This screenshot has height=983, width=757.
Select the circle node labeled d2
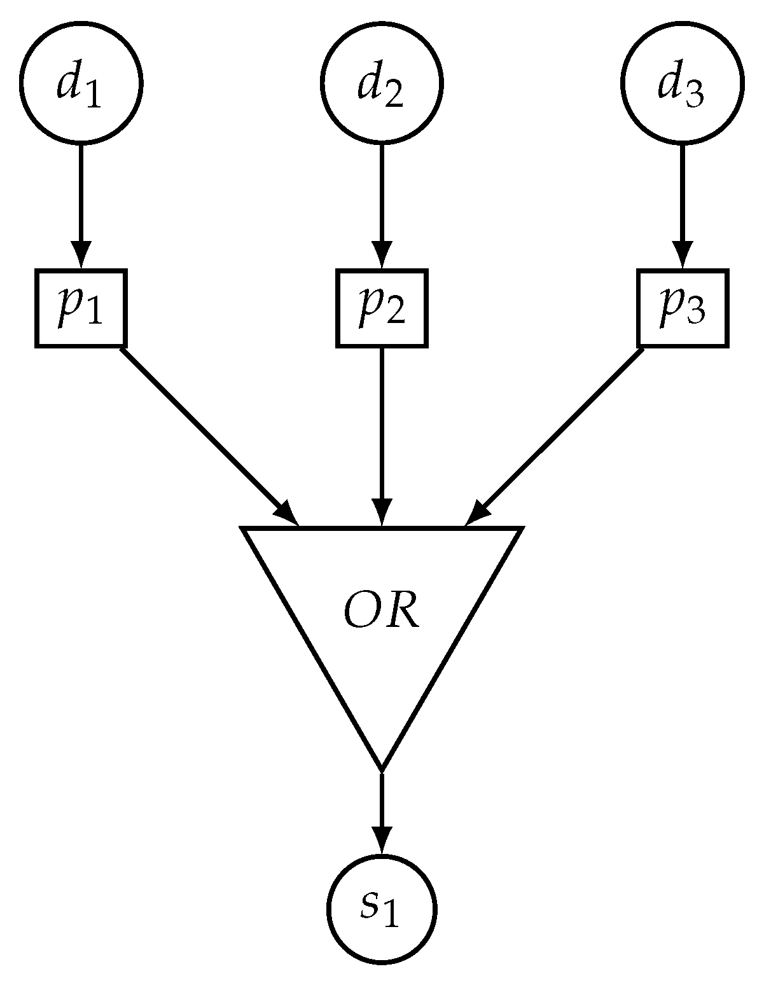click(x=381, y=83)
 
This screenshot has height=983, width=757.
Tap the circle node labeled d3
click(x=682, y=83)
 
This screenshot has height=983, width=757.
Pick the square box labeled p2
click(x=381, y=308)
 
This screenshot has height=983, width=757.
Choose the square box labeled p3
click(x=682, y=308)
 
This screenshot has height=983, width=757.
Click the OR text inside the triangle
click(x=381, y=614)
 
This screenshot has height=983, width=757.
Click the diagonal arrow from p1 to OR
click(x=204, y=432)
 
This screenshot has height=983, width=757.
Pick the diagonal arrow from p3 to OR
click(x=560, y=432)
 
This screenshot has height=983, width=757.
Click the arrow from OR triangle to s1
click(x=381, y=808)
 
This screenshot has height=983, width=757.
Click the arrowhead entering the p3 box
click(x=682, y=257)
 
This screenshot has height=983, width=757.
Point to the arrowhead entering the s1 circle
click(x=381, y=839)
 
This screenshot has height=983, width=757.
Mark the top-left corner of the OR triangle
click(x=244, y=528)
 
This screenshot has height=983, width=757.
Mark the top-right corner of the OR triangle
click(x=520, y=528)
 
